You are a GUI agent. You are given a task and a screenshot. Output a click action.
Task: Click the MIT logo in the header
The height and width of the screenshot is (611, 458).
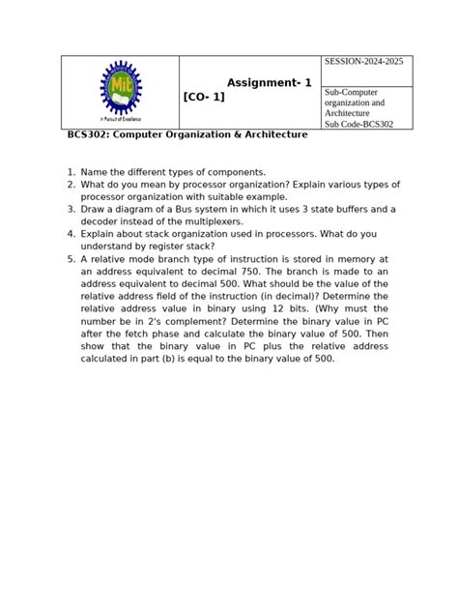pos(120,89)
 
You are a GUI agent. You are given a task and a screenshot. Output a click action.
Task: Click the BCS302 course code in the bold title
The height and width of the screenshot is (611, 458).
pos(86,135)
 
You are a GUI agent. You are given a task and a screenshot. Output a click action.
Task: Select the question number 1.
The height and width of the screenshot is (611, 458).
pos(71,172)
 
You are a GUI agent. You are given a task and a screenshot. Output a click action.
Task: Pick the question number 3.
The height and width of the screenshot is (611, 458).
pos(71,209)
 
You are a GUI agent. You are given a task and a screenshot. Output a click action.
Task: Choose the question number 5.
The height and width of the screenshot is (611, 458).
pos(71,259)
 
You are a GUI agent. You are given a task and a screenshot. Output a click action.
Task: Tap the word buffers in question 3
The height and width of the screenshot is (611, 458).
pos(351,209)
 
